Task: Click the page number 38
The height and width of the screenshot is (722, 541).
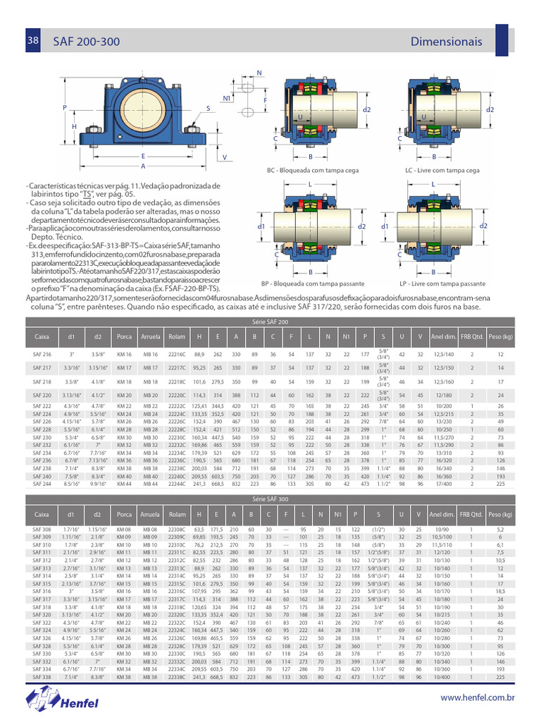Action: point(32,42)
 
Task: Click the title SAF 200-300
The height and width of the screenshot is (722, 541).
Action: point(85,42)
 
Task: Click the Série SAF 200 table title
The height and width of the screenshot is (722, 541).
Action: point(270,322)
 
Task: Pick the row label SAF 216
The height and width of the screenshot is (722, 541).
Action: point(42,354)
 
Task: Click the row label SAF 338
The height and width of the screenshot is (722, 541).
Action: point(42,677)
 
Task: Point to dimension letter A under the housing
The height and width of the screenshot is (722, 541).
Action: point(143,166)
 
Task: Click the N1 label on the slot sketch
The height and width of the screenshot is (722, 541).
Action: point(227,99)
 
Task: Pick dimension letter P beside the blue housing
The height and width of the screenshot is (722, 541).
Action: point(64,108)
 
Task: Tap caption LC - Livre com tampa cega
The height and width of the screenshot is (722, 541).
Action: point(442,171)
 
